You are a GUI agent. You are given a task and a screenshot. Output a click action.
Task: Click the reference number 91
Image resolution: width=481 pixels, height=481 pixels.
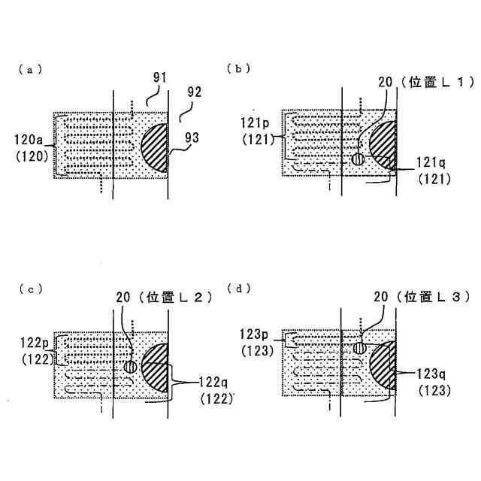[x=160, y=77]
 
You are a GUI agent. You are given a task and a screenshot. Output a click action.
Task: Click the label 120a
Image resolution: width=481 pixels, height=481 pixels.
[x=32, y=139]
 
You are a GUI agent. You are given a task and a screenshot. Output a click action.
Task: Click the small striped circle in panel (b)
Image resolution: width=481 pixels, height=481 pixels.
[x=358, y=159]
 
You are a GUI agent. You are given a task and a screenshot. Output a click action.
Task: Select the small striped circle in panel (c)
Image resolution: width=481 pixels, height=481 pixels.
[x=131, y=367]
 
